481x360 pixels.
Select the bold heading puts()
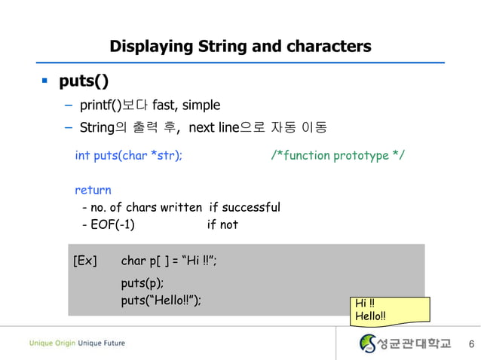tap(89, 81)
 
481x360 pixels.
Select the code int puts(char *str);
tap(128, 156)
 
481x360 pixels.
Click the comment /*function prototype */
tap(337, 156)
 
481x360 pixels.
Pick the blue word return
tap(93, 191)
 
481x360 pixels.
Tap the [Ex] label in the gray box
tap(85, 261)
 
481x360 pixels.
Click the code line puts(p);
tap(142, 284)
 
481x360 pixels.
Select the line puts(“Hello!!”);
tap(161, 301)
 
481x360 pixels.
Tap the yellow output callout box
tap(390, 311)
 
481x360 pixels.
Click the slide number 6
tap(470, 345)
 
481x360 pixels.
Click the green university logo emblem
tap(368, 344)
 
